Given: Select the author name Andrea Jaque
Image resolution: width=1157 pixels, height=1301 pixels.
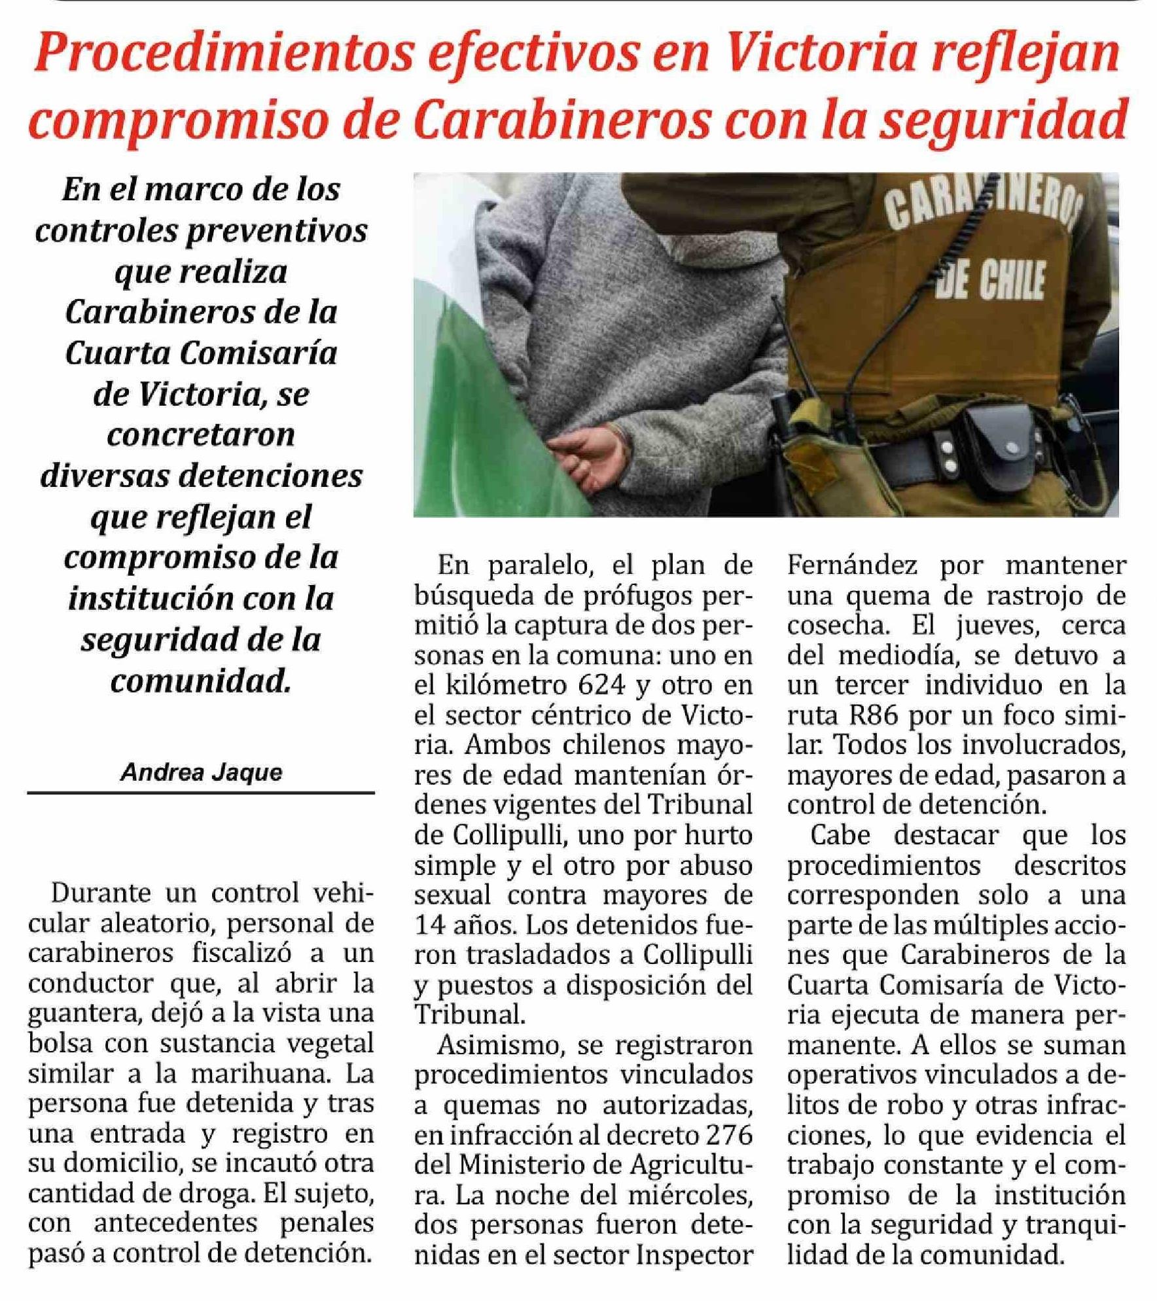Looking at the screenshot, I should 201,773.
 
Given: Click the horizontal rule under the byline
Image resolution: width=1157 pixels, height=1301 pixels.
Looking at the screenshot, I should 201,793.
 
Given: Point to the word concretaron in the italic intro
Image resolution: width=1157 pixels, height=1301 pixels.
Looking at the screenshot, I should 201,435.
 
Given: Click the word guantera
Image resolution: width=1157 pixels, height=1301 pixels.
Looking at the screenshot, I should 84,1014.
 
